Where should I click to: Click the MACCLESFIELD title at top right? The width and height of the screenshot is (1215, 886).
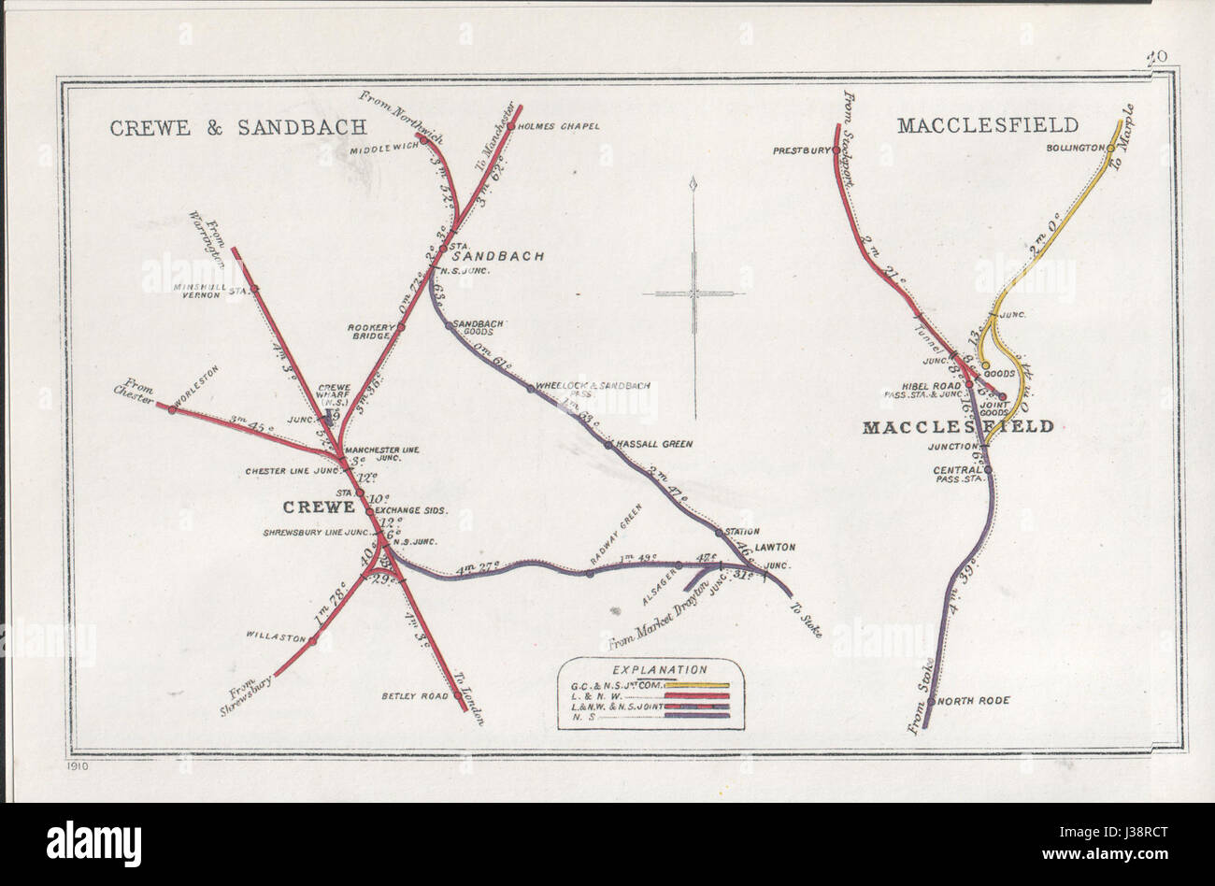(987, 125)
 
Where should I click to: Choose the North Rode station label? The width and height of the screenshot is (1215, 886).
(973, 700)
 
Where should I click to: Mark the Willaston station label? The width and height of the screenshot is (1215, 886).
(276, 637)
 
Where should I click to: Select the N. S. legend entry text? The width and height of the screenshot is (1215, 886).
(580, 716)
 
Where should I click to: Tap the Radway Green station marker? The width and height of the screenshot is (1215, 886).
(590, 572)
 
